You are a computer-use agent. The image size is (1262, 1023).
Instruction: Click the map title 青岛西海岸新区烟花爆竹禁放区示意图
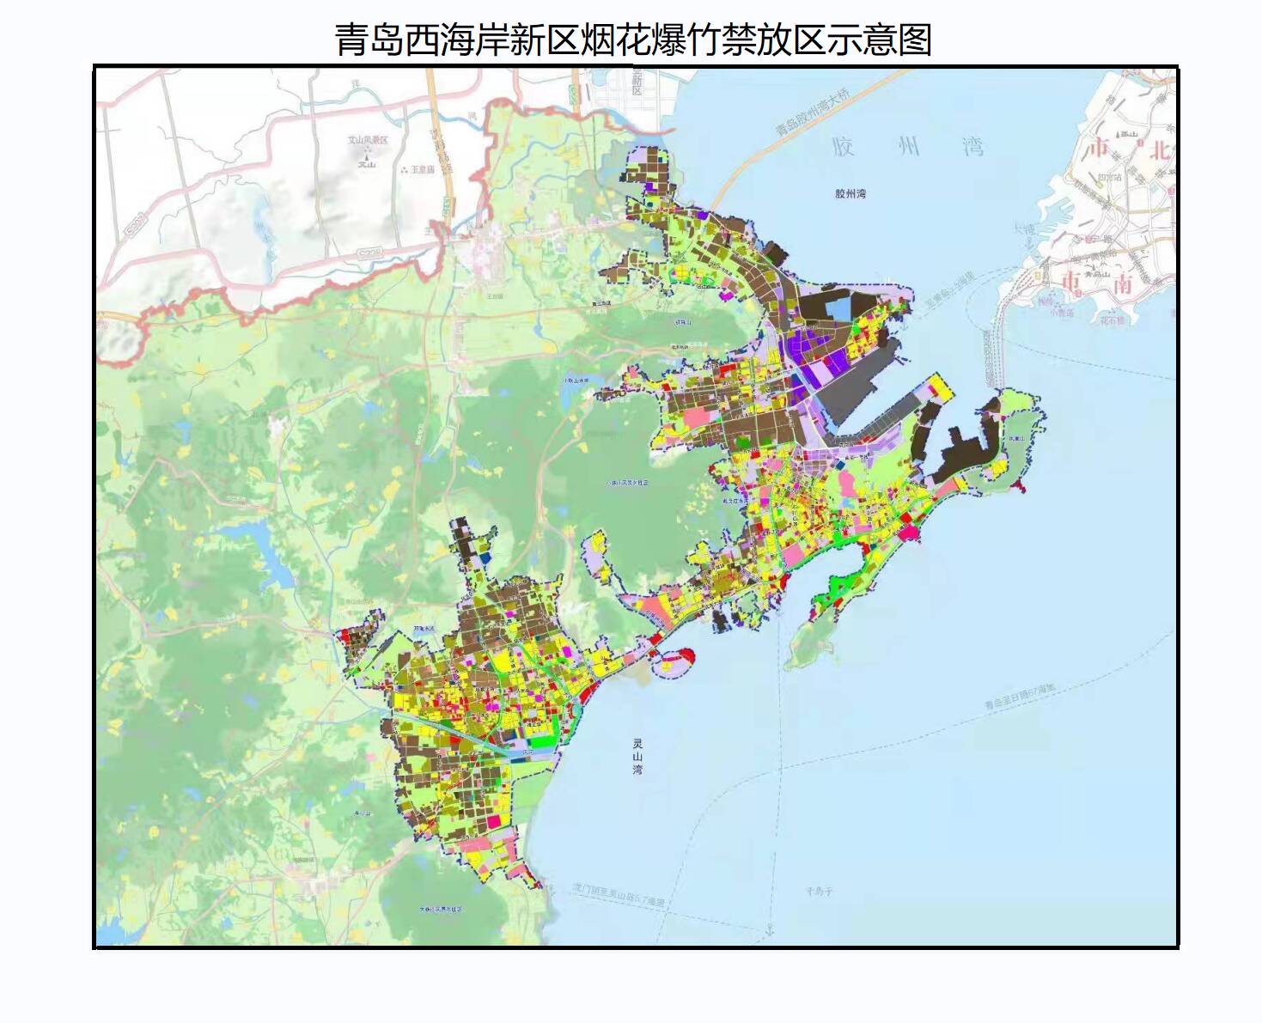point(633,40)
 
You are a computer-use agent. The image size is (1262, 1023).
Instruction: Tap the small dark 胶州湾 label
point(850,194)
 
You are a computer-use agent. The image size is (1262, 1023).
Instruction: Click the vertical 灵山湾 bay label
point(637,757)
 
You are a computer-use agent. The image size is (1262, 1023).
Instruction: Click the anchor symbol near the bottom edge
point(770,930)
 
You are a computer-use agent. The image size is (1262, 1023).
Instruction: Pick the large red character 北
point(1160,150)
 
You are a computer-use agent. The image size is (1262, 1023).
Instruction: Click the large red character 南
point(1123,283)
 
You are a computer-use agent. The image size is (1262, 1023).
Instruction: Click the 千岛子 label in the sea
point(819,892)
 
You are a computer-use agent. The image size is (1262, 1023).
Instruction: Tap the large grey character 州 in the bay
point(908,147)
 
